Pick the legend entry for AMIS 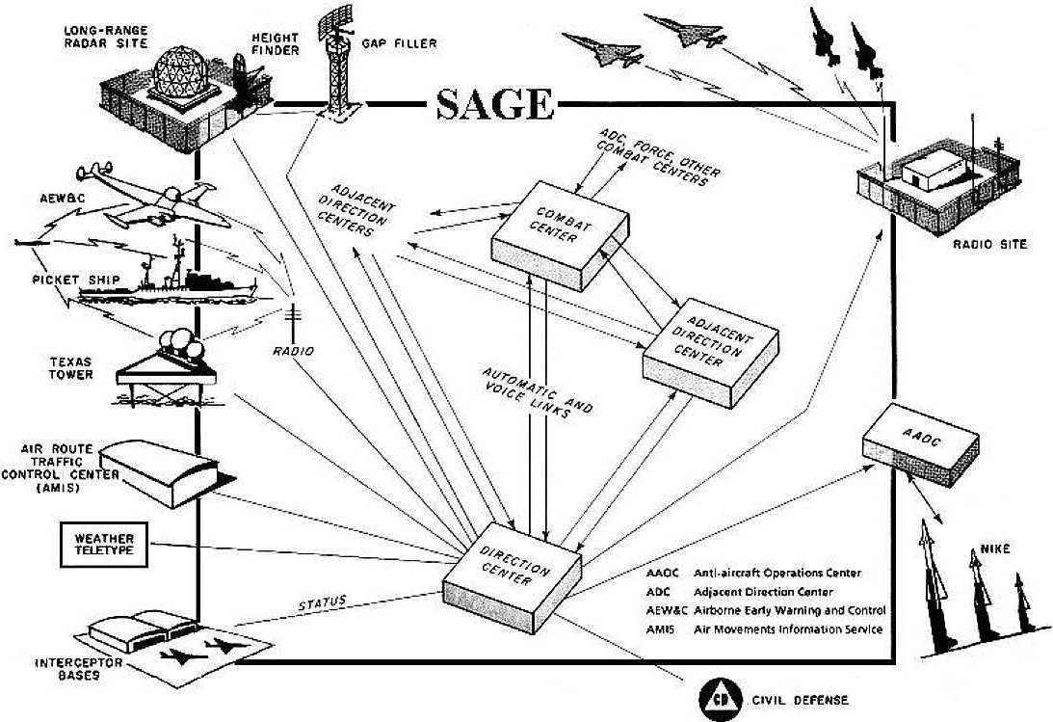pos(766,628)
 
